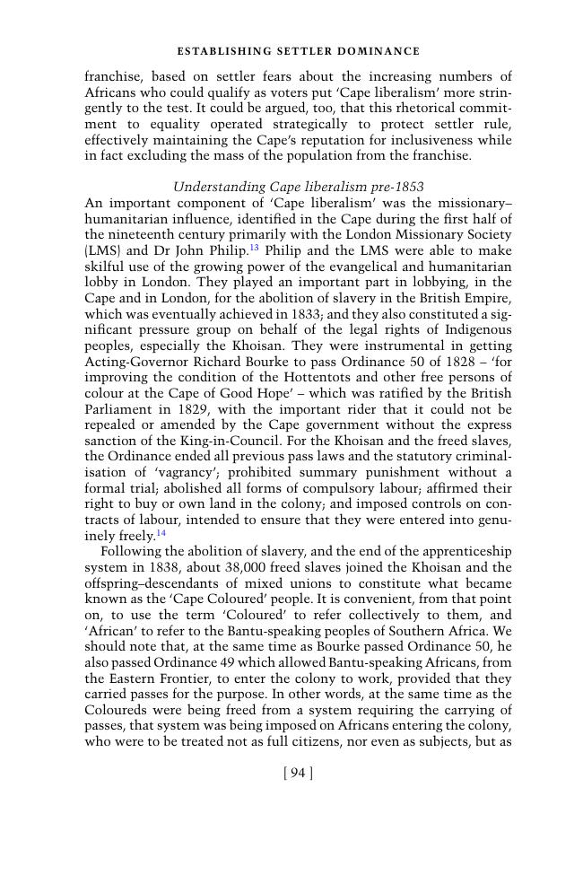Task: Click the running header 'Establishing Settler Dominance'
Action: pyautogui.click(x=298, y=51)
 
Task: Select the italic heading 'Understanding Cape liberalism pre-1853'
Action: pyautogui.click(x=298, y=187)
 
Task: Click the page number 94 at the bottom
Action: pyautogui.click(x=298, y=773)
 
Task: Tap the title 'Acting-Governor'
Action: pyautogui.click(x=135, y=361)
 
